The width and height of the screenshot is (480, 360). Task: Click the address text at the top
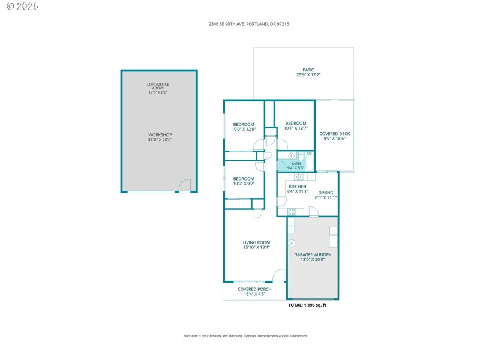(240, 24)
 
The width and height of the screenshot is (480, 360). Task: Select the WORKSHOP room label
(160, 134)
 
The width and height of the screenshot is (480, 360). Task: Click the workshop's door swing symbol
(184, 185)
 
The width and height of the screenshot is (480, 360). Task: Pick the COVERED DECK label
(334, 134)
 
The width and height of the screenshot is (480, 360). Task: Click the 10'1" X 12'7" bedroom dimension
(295, 128)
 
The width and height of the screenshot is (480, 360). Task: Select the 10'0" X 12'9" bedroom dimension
(244, 128)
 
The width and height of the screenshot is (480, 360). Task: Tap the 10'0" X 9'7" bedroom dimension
(244, 183)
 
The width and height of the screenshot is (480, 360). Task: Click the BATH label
(296, 163)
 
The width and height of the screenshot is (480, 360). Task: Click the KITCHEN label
(298, 187)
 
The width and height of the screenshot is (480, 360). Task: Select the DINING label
(325, 193)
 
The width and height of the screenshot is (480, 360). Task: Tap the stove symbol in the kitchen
(292, 211)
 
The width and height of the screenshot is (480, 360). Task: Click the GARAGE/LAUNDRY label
(312, 254)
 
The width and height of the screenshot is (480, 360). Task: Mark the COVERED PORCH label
(254, 289)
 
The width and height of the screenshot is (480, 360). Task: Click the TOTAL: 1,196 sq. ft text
(307, 305)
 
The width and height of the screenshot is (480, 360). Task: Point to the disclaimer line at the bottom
(245, 336)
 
